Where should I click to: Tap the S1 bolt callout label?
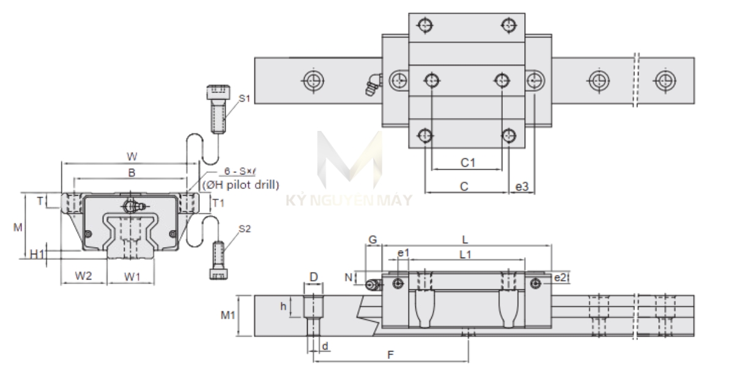(245, 97)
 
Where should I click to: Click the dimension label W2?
(83, 276)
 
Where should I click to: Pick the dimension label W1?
(133, 276)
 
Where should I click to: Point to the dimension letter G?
(373, 240)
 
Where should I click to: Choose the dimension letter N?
(349, 277)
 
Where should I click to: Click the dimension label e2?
(560, 277)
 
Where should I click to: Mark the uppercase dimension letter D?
(313, 277)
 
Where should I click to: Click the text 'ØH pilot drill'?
(241, 184)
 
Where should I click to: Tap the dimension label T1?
(217, 202)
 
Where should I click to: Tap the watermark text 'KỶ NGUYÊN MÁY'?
(349, 199)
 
